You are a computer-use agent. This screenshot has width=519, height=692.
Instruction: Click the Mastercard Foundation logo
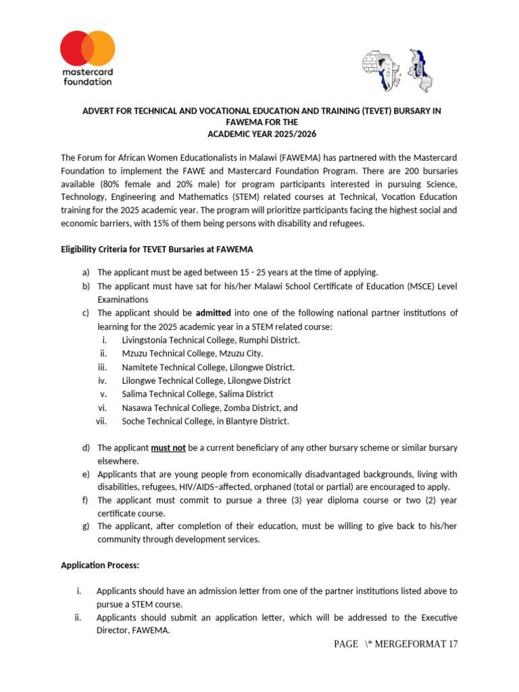tap(88, 58)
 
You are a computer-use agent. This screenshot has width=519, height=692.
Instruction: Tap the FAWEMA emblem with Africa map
tap(397, 70)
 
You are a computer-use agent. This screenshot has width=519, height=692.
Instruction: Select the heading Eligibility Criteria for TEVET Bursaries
tap(157, 249)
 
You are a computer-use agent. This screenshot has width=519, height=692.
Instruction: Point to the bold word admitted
tap(213, 313)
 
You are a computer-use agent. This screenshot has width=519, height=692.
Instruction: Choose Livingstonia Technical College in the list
tap(210, 340)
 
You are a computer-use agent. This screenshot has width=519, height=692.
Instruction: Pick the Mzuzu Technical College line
tap(192, 353)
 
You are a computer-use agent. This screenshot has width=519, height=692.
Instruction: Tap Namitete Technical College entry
tap(208, 367)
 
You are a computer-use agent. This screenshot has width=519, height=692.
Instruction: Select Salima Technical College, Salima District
tap(197, 394)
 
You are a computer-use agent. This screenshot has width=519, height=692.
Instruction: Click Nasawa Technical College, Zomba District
tap(209, 407)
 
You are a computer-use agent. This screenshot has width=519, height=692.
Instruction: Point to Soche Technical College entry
tap(205, 421)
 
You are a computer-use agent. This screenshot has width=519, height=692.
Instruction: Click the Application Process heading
tap(100, 565)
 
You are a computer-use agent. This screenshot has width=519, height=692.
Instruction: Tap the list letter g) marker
tap(86, 526)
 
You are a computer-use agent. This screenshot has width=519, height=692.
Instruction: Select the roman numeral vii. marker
tap(101, 421)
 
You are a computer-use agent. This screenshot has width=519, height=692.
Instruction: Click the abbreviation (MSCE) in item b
tap(400, 287)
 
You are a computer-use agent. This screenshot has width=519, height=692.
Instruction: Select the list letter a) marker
tap(86, 272)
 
